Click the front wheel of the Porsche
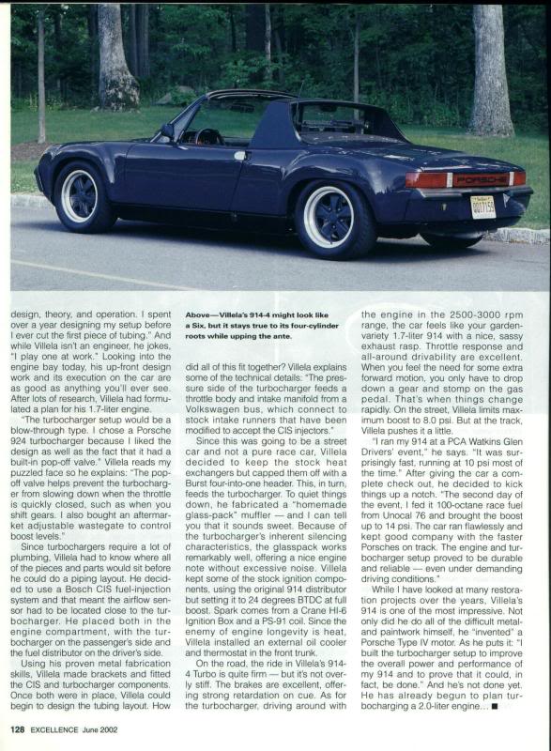point(82,195)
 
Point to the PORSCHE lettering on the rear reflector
point(480,178)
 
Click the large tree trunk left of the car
point(117,56)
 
